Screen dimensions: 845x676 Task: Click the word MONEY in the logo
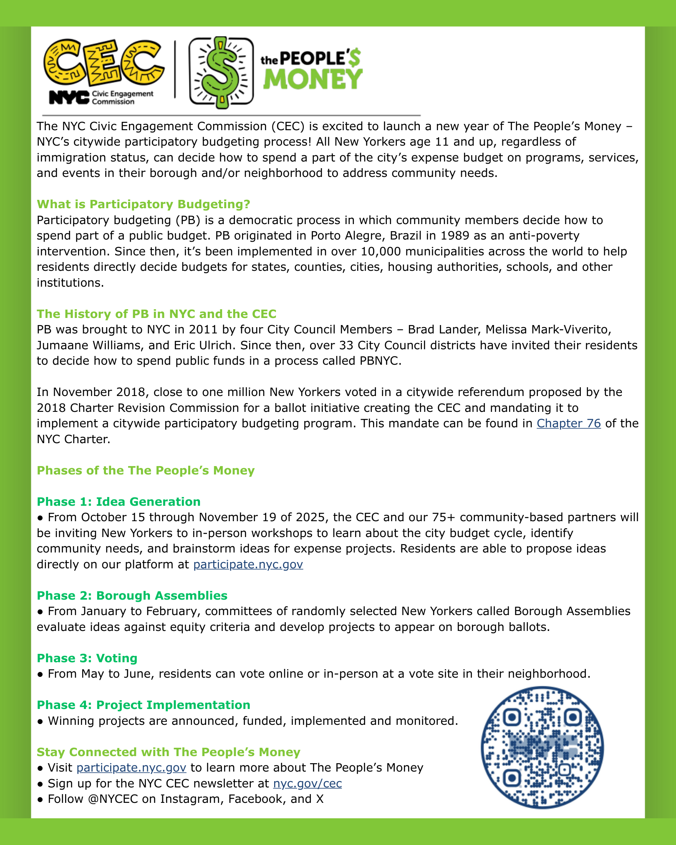click(x=313, y=79)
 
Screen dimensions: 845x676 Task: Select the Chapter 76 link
click(x=568, y=424)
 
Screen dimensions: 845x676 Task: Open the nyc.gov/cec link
click(x=308, y=784)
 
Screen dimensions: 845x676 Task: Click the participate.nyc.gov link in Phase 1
click(x=248, y=565)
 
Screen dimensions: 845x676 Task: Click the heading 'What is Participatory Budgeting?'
click(x=144, y=204)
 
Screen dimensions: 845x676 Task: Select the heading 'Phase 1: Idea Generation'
click(x=119, y=502)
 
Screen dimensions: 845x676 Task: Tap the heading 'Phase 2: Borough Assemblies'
click(x=132, y=595)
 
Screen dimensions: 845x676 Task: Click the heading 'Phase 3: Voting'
click(x=87, y=658)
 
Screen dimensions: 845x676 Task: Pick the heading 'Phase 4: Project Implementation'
click(x=144, y=705)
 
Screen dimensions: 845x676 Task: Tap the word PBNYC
click(x=379, y=361)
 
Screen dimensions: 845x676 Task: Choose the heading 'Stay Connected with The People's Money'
click(x=169, y=752)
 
